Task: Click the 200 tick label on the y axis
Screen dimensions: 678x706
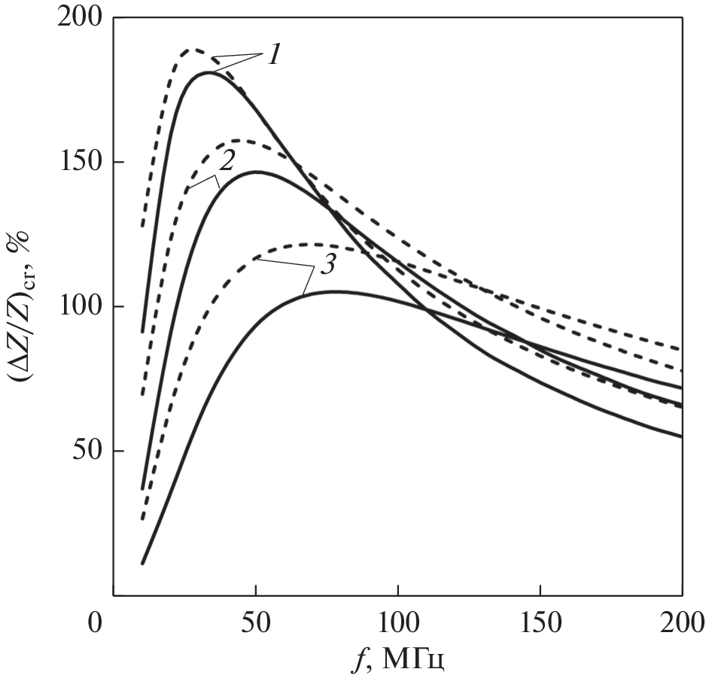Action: coord(81,17)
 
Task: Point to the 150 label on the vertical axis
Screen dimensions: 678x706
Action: coord(81,162)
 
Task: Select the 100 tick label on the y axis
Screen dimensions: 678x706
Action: coord(81,307)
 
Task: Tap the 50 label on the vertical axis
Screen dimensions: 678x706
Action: coord(88,451)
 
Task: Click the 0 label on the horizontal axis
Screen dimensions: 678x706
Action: coord(95,624)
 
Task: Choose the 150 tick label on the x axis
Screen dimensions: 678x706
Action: coord(540,624)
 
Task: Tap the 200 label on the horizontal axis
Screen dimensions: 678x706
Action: coord(682,624)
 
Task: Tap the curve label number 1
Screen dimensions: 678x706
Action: coord(274,55)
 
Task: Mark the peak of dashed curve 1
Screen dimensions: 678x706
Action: coord(194,50)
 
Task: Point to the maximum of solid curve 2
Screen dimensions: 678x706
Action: coord(257,172)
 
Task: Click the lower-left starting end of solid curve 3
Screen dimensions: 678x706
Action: coord(142,563)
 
